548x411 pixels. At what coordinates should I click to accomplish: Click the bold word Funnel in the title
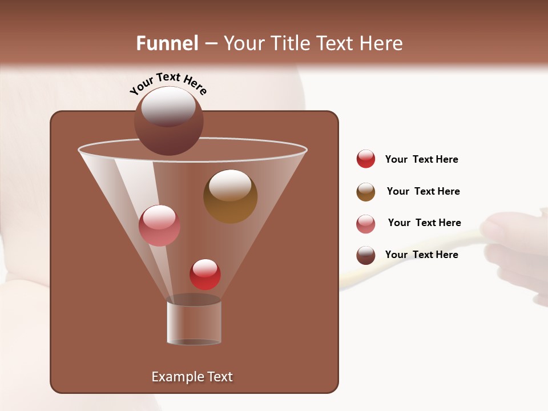(167, 43)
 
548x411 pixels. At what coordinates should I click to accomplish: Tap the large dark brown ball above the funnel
(168, 120)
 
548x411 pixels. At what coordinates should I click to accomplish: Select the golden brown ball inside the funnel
(230, 197)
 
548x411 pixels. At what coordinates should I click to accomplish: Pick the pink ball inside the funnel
(159, 225)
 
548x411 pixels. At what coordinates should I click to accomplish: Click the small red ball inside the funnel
(205, 274)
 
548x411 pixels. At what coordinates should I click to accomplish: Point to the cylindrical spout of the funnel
(194, 323)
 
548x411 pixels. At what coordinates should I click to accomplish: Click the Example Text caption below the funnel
(192, 377)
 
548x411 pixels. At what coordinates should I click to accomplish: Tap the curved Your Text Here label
(168, 83)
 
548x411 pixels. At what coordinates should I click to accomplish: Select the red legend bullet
(366, 159)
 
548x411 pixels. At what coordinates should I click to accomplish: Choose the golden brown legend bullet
(366, 192)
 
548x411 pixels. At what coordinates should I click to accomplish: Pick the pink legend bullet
(366, 224)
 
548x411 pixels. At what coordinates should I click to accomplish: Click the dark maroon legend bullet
(366, 255)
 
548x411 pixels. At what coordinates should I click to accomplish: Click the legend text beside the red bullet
(421, 159)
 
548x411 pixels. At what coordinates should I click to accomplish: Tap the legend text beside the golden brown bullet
(423, 191)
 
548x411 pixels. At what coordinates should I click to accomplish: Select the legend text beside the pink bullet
(424, 223)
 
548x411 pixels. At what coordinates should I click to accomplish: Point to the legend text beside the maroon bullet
(421, 255)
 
